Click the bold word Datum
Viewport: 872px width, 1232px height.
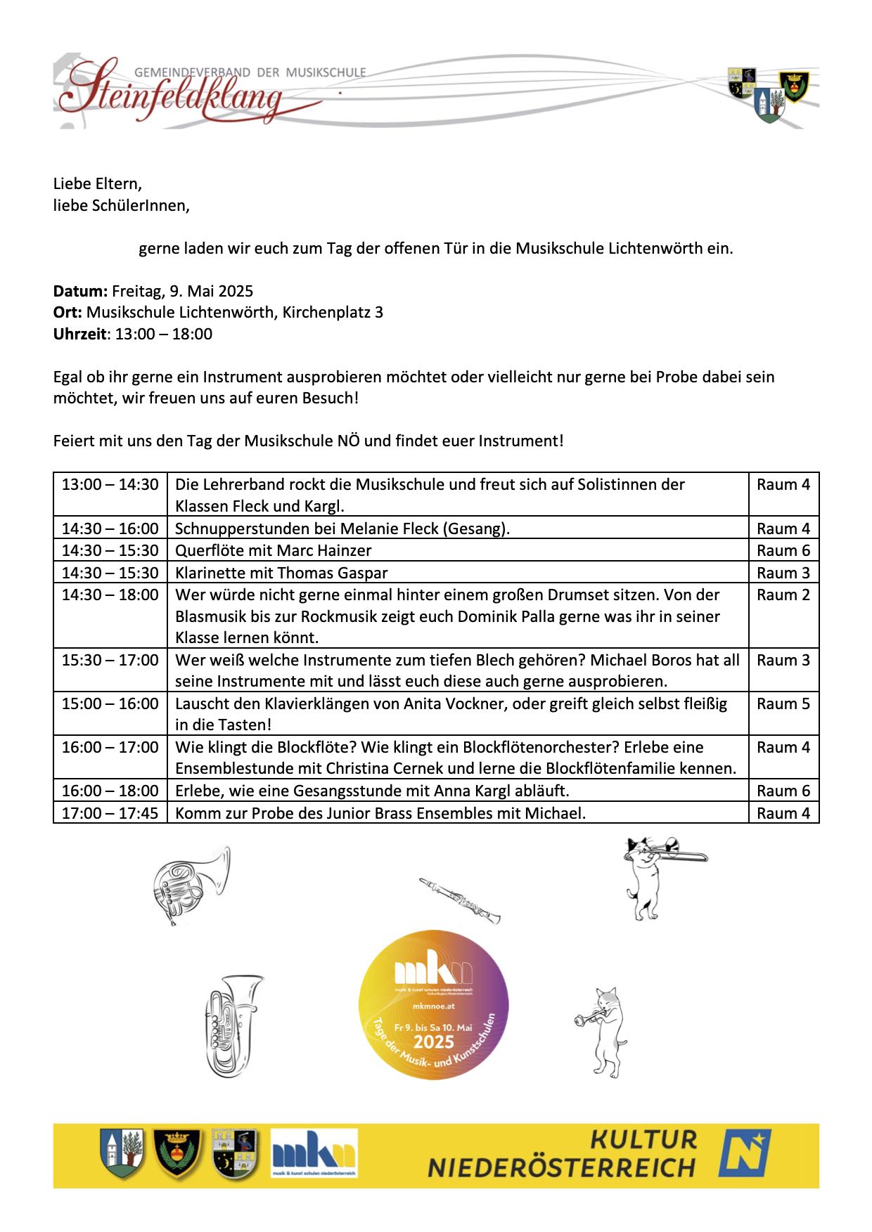point(79,291)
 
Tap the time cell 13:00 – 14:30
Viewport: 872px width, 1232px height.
point(110,484)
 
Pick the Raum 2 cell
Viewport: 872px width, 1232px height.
point(783,595)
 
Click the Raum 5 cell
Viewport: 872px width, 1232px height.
point(783,703)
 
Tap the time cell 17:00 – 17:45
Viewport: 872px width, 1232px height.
point(110,813)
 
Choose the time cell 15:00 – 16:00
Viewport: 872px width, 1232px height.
point(110,703)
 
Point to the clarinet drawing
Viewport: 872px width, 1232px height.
point(460,900)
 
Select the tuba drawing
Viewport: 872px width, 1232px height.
point(232,1025)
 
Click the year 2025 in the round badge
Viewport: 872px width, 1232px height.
point(433,1042)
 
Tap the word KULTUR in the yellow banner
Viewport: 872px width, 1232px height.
point(643,1139)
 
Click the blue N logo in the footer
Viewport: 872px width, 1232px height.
point(745,1153)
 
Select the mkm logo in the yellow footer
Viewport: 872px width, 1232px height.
point(314,1153)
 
